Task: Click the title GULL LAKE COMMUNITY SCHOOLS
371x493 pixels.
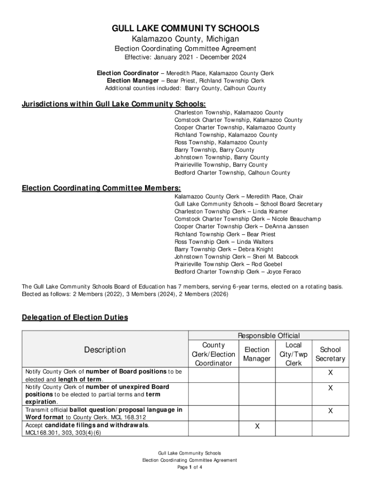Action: coord(185,28)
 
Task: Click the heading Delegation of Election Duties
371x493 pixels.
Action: coord(75,317)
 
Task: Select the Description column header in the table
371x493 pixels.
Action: coord(105,350)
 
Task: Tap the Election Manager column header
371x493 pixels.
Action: coord(257,354)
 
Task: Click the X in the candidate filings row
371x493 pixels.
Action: coord(257,427)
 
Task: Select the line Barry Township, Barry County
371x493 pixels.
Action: coord(214,150)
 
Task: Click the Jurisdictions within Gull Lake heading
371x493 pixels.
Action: coord(114,104)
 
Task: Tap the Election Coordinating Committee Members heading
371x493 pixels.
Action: coord(101,188)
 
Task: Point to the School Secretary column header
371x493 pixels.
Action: coord(330,354)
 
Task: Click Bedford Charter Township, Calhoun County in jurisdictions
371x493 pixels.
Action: coord(232,172)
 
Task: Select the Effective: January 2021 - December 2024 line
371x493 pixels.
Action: coord(185,57)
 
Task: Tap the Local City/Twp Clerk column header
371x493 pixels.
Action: coord(293,354)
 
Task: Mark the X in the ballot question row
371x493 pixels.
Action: coord(330,411)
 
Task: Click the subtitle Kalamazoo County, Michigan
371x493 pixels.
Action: coord(185,39)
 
